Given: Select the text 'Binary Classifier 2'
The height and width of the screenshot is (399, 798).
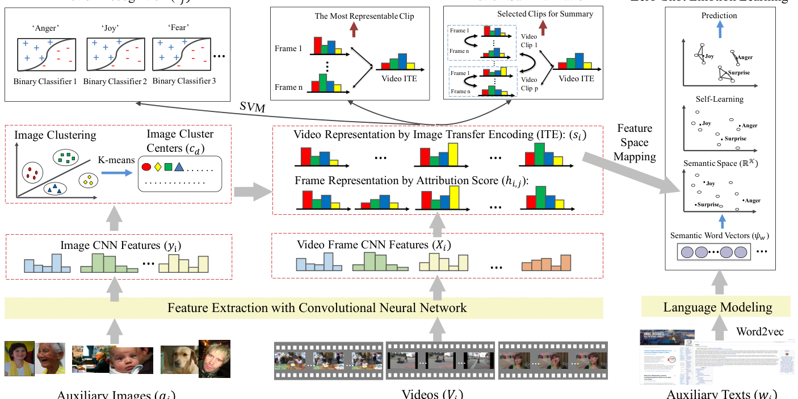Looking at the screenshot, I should (115, 81).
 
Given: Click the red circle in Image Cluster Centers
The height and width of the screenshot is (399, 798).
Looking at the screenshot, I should (145, 167).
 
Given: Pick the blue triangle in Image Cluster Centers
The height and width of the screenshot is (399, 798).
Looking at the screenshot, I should (179, 167).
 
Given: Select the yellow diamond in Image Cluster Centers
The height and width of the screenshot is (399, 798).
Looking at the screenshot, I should (157, 167).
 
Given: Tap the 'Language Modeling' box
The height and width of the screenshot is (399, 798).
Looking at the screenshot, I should (717, 307).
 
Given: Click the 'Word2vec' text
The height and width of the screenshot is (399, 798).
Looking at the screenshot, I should (760, 331).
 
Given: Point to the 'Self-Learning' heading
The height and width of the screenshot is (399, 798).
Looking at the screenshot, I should (719, 99).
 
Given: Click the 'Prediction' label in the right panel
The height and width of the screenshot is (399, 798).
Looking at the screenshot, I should (719, 16).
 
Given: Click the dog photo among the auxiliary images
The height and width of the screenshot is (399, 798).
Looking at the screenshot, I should (179, 359).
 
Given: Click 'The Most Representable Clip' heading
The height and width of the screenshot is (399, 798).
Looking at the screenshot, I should (364, 16).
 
